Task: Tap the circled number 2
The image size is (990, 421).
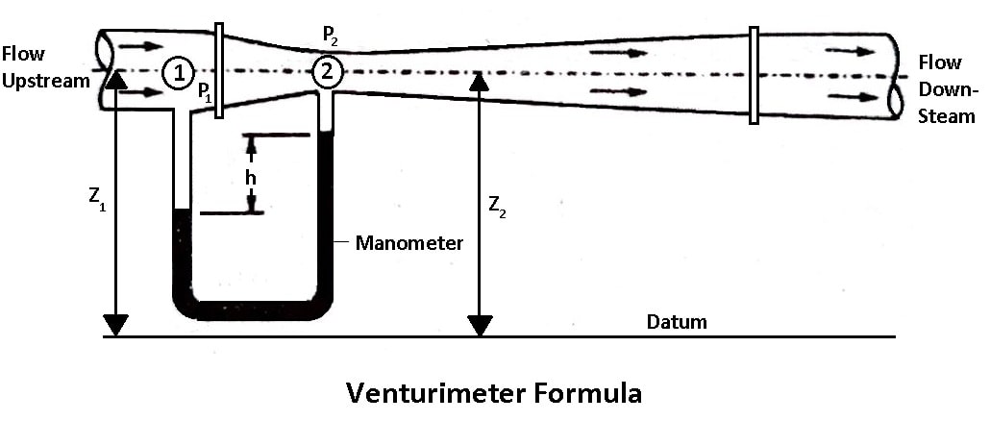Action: pos(328,70)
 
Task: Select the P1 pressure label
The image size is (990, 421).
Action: pos(205,93)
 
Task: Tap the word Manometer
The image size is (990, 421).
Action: pos(409,242)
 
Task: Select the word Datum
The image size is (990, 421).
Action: pos(677,321)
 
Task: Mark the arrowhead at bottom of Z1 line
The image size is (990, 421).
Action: pos(115,325)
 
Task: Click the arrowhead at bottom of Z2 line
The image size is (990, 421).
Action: pos(479,325)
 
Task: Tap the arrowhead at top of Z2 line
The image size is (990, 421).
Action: pos(479,79)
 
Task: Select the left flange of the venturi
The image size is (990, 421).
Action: pos(219,71)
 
